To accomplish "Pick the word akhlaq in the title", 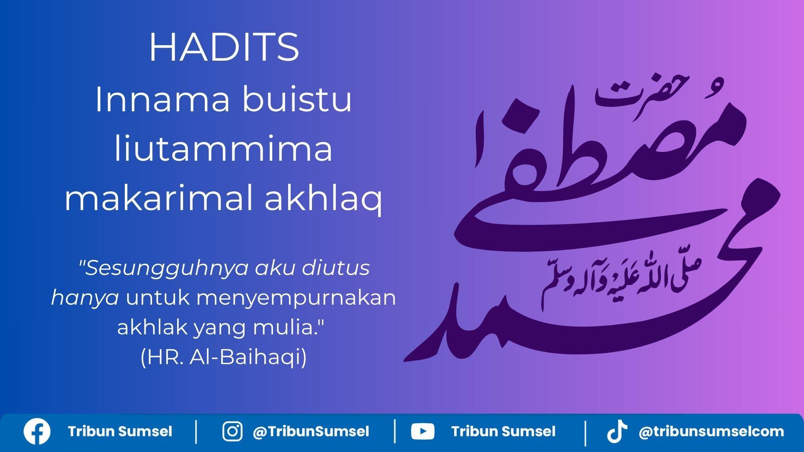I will (323, 199).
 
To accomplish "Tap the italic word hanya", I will (85, 298).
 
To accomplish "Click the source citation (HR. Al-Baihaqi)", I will (224, 357).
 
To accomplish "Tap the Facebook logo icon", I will (37, 431).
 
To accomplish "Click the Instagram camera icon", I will (232, 431).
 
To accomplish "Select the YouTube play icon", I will (423, 431).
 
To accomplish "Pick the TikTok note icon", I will (617, 431).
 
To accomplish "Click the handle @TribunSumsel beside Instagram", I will (311, 431).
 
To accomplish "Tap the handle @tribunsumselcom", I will (711, 431).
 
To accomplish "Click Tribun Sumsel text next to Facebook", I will (120, 431).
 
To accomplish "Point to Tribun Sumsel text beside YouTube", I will (503, 431).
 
